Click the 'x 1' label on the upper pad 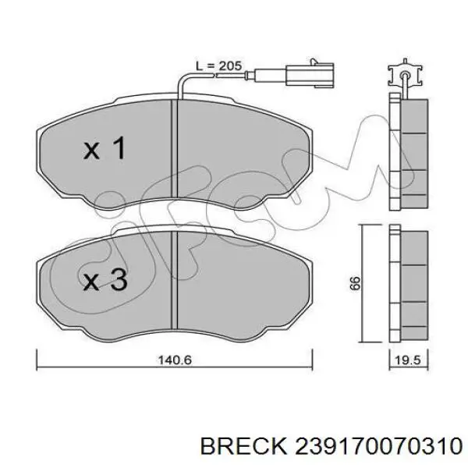[x=105, y=147]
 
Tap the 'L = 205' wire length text [x=218, y=66]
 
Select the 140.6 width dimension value [x=175, y=360]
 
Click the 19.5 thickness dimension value [x=408, y=360]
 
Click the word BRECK [x=243, y=446]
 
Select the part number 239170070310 [x=378, y=446]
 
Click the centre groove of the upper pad [x=175, y=148]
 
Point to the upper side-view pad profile [x=409, y=151]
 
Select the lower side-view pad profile [x=409, y=284]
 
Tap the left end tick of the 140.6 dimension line [x=37, y=360]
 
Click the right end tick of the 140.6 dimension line [x=312, y=360]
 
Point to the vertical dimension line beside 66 [x=362, y=284]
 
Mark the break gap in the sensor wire [x=215, y=75]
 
